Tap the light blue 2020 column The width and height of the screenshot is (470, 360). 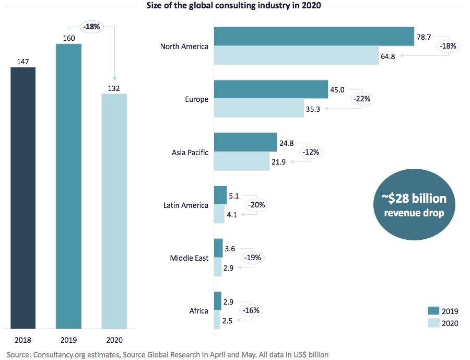[x=114, y=212]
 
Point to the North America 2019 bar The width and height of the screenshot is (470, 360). [x=314, y=37]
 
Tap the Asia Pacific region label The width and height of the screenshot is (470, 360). [x=190, y=153]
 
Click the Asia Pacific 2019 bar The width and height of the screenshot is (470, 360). [x=245, y=142]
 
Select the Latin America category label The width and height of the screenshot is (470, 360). [x=186, y=205]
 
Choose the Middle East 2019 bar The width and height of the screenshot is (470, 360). [x=218, y=248]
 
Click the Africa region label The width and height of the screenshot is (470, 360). [x=198, y=311]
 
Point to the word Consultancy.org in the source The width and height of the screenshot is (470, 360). [x=56, y=355]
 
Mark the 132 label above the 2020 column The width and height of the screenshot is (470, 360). [x=114, y=88]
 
